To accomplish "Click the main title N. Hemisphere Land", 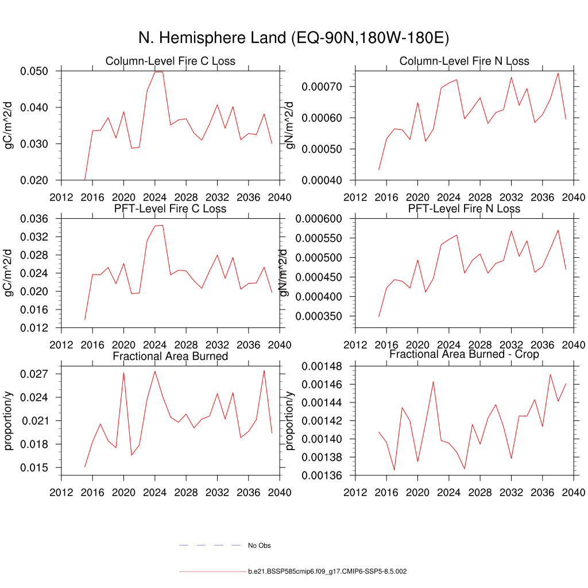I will tap(293, 38).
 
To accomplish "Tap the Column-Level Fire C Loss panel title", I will tap(170, 61).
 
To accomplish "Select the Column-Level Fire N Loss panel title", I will tap(464, 61).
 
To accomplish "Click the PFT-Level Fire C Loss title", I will tap(170, 208).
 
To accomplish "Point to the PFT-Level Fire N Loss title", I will tap(464, 208).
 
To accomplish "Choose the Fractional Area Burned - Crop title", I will tap(464, 354).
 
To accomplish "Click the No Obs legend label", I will tap(259, 545).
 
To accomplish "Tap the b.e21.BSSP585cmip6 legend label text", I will tap(327, 572).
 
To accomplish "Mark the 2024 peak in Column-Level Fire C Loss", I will tap(155, 72).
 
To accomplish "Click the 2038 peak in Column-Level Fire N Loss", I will tap(558, 73).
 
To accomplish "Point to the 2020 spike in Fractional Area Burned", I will tap(123, 373).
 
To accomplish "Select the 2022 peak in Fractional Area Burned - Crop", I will tap(433, 381).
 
